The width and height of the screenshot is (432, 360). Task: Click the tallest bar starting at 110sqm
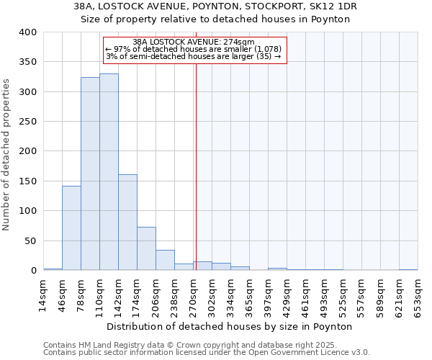click(109, 172)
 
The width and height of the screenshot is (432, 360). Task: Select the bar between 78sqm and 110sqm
click(90, 174)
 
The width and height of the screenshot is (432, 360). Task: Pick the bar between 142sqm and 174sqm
click(127, 222)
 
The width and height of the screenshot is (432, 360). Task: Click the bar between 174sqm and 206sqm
click(146, 248)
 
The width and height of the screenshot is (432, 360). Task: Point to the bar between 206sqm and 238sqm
click(165, 260)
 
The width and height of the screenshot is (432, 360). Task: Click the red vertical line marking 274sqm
click(195, 180)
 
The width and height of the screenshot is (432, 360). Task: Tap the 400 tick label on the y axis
click(27, 32)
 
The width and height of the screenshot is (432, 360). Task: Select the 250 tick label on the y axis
click(27, 122)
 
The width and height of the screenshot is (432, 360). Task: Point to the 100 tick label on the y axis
click(27, 211)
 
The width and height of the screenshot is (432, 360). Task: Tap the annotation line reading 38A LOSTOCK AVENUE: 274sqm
click(194, 42)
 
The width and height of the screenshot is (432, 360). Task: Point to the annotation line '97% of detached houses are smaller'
click(194, 49)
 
